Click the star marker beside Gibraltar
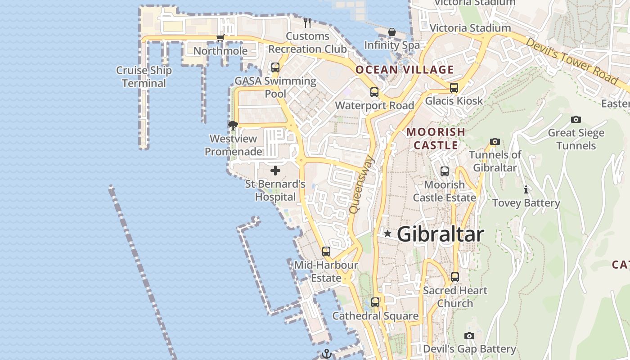point(387,234)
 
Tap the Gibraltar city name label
point(440,234)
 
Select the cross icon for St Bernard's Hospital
point(275,171)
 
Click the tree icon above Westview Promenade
point(233,125)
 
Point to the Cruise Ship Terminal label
point(144,77)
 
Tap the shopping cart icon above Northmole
point(220,38)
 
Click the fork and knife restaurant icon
point(307,22)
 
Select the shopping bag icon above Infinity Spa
point(392,32)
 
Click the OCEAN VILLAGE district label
point(405,70)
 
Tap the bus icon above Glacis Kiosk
point(454,88)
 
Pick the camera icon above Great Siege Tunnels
point(576,119)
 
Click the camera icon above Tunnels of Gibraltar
point(495,141)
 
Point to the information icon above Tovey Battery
point(526,189)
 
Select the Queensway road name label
point(361,184)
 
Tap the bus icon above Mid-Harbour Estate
point(326,252)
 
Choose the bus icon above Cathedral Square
point(375,302)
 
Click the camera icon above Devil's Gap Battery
point(469,336)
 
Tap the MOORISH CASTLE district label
point(436,139)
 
